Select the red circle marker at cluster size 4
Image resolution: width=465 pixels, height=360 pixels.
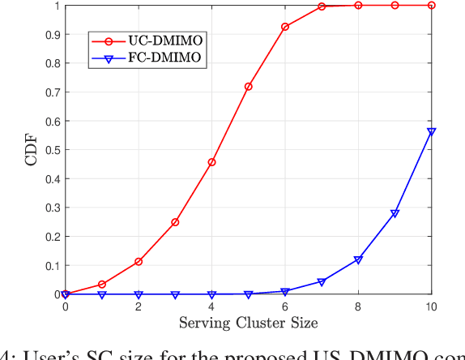coord(211,162)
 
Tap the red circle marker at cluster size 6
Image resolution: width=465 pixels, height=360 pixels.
coord(285,27)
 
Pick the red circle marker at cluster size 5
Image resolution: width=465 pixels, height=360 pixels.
coord(249,86)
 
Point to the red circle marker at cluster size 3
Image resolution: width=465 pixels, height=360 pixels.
coord(175,222)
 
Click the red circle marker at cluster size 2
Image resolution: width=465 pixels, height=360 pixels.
coord(139,262)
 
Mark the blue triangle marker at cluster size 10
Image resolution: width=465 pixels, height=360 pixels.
coord(432,131)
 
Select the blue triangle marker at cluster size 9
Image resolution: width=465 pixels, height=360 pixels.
coord(395,214)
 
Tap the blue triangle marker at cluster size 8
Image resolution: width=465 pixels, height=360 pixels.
coord(358,260)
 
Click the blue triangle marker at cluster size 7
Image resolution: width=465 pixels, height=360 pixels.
coord(322,282)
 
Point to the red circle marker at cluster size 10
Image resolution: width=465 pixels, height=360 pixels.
coord(432,5)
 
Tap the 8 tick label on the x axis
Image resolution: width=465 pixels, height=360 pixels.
coord(358,306)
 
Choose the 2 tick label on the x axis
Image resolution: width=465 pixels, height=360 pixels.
coord(139,306)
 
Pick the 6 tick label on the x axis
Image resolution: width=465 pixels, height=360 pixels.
coord(285,306)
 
